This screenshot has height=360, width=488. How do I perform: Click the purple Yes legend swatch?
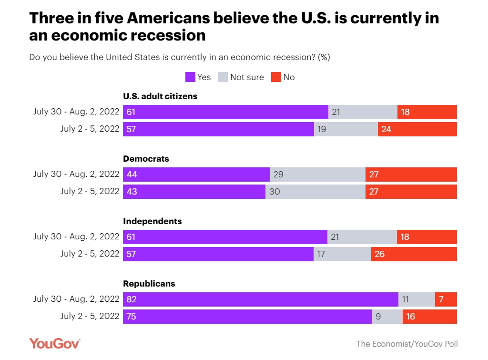point(190,77)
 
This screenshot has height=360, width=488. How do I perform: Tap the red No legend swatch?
point(276,77)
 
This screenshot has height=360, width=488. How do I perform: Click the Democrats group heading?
point(146,159)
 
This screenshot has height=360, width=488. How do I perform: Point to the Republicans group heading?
point(149,284)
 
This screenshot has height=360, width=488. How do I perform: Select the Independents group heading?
point(152,221)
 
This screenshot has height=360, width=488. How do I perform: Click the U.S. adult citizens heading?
point(160,96)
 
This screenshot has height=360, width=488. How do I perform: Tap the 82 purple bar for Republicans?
point(260,299)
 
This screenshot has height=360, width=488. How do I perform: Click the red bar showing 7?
point(446,299)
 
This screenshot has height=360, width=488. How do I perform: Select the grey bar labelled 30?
point(315,191)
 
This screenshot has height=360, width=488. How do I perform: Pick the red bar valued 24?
point(417,129)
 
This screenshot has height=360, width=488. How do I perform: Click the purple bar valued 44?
point(196,175)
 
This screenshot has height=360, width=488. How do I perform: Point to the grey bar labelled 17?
point(342,254)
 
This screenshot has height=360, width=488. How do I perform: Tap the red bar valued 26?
point(414,254)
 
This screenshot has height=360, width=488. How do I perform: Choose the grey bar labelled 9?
point(387,317)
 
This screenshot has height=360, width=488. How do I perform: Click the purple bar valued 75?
point(247,317)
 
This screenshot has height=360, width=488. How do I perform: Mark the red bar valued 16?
point(429,317)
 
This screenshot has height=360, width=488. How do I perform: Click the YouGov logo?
point(55,343)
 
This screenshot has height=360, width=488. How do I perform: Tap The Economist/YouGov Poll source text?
point(407,344)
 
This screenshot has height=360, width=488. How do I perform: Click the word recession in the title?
point(164,35)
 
